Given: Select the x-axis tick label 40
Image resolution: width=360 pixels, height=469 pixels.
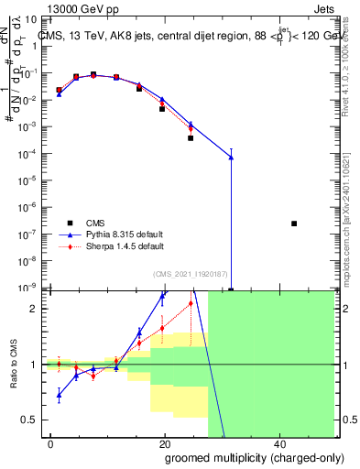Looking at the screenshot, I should [x=278, y=443].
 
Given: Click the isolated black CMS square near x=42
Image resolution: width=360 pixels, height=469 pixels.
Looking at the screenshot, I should [x=294, y=224].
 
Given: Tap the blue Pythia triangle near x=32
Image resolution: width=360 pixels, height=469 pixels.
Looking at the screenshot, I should [x=231, y=157].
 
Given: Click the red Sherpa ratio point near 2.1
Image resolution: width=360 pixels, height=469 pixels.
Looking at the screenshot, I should [x=191, y=303].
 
